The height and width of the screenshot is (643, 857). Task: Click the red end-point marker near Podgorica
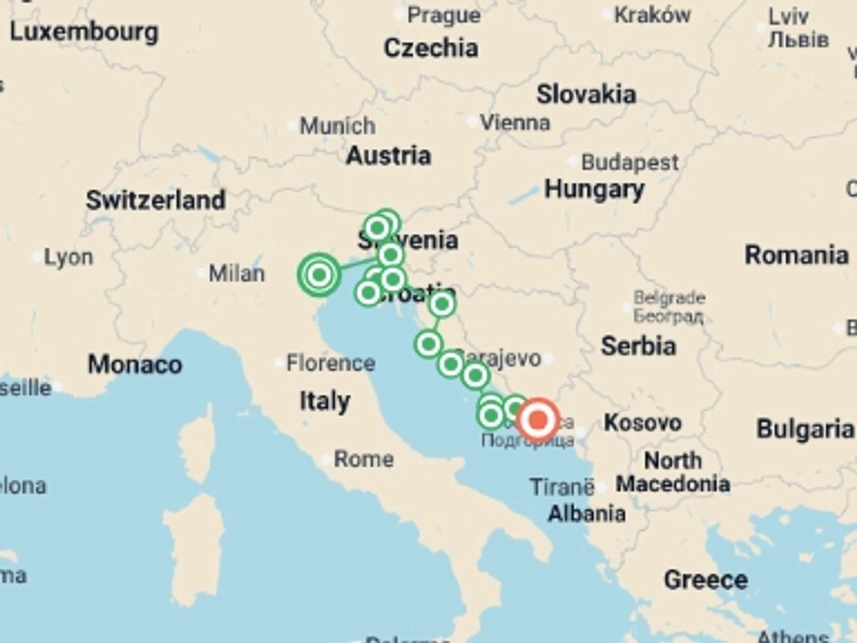[539, 420]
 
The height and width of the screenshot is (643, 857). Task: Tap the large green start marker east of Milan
[319, 275]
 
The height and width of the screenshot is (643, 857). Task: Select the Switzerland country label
[155, 200]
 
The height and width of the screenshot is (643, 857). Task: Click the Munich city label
[337, 126]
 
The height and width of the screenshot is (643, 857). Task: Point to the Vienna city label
[515, 122]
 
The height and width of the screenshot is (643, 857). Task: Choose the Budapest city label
[630, 162]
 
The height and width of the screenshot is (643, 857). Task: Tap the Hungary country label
[594, 189]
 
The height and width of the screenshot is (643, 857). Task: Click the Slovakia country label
[586, 95]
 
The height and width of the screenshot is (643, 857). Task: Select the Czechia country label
[431, 48]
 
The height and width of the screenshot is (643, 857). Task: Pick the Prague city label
[444, 16]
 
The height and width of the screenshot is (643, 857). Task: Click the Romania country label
[796, 255]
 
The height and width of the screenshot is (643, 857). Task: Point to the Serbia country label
[638, 346]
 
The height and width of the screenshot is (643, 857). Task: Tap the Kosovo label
[642, 422]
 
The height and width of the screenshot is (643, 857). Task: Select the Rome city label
[364, 459]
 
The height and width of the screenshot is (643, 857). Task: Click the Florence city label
[330, 363]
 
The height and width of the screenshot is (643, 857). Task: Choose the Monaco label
[135, 364]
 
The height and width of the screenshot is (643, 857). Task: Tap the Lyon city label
[69, 257]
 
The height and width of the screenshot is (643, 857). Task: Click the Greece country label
[706, 580]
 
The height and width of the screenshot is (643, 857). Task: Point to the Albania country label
[586, 514]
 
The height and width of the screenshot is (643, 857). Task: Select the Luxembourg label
[84, 32]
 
